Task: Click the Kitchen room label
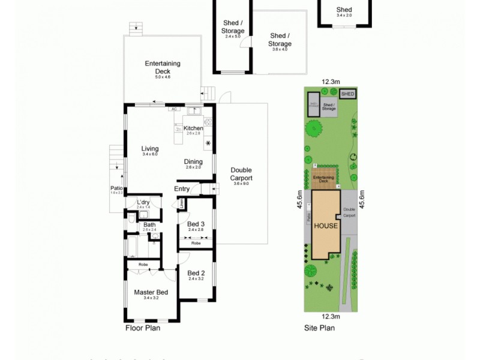pyautogui.click(x=193, y=128)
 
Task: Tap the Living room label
pyautogui.click(x=150, y=149)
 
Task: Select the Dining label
pyautogui.click(x=194, y=161)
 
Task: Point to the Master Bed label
pyautogui.click(x=151, y=292)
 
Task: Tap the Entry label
pyautogui.click(x=182, y=189)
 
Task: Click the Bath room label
pyautogui.click(x=149, y=225)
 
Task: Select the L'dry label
pyautogui.click(x=143, y=202)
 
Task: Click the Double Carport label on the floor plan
pyautogui.click(x=241, y=174)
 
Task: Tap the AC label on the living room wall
pyautogui.click(x=174, y=109)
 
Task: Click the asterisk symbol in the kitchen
pyautogui.click(x=208, y=143)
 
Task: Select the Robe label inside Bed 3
pyautogui.click(x=196, y=244)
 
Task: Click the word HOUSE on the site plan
pyautogui.click(x=327, y=226)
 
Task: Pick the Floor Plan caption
pyautogui.click(x=142, y=328)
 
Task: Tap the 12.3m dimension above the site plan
pyautogui.click(x=331, y=82)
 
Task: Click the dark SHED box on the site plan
pyautogui.click(x=347, y=94)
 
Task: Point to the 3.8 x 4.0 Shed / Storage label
pyautogui.click(x=280, y=40)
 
